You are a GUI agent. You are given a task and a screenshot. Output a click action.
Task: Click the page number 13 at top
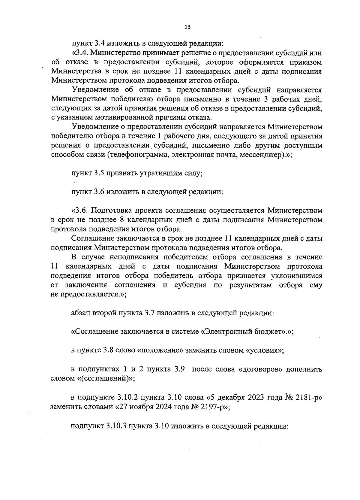pyautogui.click(x=187, y=27)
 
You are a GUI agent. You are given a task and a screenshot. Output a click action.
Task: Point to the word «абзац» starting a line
pyautogui.click(x=81, y=313)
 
